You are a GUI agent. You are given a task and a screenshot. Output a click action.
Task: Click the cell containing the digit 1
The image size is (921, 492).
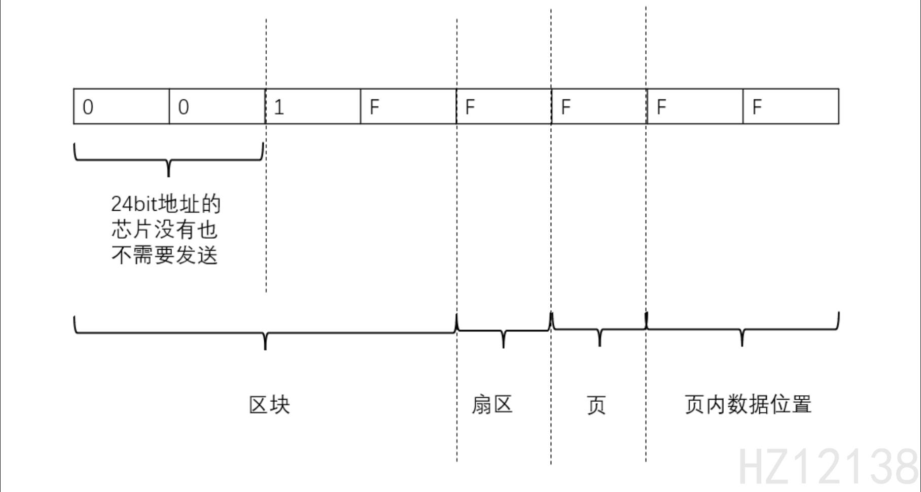pos(312,106)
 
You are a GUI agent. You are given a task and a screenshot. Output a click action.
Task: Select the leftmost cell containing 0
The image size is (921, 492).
pos(121,106)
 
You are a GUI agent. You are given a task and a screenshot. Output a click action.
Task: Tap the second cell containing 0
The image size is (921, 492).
pos(217,106)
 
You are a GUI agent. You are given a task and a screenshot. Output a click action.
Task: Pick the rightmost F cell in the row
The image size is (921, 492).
pos(791,106)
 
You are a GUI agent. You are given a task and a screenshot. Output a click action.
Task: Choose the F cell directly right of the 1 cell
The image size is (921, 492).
pos(408,106)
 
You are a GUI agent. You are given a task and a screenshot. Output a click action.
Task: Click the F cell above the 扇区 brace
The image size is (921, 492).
pos(504,106)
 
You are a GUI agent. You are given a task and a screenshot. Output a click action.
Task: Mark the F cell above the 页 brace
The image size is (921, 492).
pos(599,106)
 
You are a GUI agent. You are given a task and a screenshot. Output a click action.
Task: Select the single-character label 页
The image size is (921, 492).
pos(596,405)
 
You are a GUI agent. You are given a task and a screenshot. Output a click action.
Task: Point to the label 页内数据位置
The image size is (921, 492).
pos(748,405)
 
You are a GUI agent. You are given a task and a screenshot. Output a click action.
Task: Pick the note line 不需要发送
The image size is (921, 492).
pos(165,255)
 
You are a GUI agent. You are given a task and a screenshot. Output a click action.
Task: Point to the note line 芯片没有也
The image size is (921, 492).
pos(165,230)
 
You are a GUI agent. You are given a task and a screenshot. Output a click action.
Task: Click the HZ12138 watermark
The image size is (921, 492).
pos(828,467)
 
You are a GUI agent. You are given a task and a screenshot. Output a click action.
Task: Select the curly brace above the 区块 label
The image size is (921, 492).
pos(265,333)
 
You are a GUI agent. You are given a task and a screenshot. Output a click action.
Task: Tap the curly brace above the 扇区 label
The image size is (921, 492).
pos(503,331)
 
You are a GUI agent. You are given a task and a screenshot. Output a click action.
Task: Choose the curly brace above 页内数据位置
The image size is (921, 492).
pos(742,330)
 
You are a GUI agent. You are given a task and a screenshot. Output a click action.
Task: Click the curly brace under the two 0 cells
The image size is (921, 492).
pos(169,160)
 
